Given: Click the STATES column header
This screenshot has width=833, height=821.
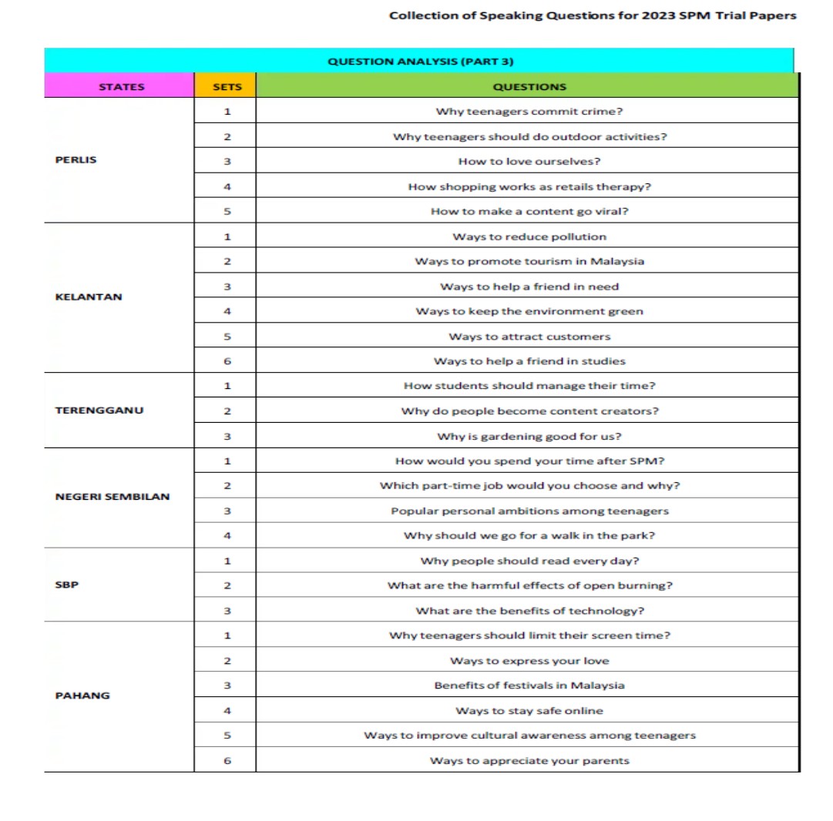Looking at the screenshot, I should [x=121, y=87].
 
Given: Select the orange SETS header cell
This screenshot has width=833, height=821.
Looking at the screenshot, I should [x=227, y=87].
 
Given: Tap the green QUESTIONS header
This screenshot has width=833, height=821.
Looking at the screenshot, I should [x=529, y=87].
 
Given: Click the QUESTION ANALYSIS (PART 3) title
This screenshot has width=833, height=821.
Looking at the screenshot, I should [x=420, y=62].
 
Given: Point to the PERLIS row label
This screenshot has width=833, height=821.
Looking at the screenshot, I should [x=76, y=160].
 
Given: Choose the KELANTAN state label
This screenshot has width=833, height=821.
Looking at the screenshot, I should [x=89, y=297].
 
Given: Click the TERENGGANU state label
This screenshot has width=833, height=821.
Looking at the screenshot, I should [x=99, y=410].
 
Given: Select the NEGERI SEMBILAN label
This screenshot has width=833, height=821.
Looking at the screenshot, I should [x=113, y=497].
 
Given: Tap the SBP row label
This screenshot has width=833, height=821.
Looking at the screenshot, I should [x=67, y=584].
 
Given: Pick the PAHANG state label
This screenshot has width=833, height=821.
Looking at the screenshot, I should [x=82, y=695].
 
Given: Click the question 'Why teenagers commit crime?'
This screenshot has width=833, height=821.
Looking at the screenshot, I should [x=529, y=112].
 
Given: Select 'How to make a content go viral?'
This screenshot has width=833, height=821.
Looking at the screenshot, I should [x=529, y=212].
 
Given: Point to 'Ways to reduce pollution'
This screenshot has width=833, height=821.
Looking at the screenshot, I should [x=529, y=236].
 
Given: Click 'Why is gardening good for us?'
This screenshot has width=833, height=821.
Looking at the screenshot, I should [x=529, y=437].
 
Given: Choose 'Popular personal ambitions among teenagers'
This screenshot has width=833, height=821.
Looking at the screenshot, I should [x=529, y=511].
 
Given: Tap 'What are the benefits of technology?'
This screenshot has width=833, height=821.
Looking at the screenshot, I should [x=529, y=611].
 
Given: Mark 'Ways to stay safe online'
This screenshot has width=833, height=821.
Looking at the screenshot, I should [x=529, y=711].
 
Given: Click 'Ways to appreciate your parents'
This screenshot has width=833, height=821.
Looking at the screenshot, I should [x=529, y=761].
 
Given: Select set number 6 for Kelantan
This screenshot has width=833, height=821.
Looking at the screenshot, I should [x=227, y=361].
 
